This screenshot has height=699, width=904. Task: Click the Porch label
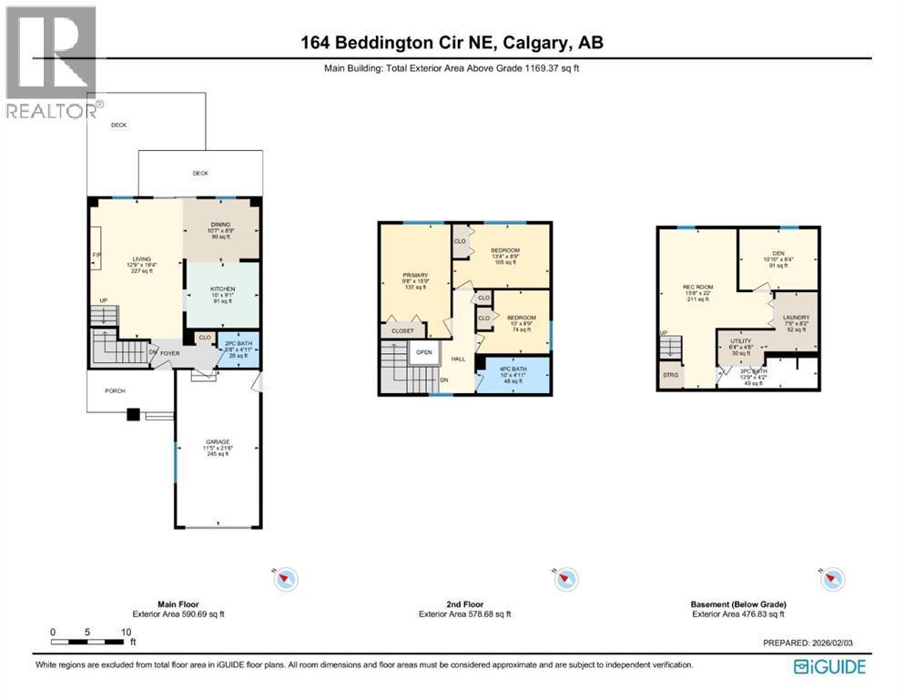click(114, 390)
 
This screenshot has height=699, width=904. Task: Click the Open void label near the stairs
click(423, 352)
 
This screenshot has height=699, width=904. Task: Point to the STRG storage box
click(670, 375)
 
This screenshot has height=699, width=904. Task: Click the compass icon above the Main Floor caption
click(287, 578)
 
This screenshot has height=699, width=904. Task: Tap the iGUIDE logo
click(828, 667)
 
